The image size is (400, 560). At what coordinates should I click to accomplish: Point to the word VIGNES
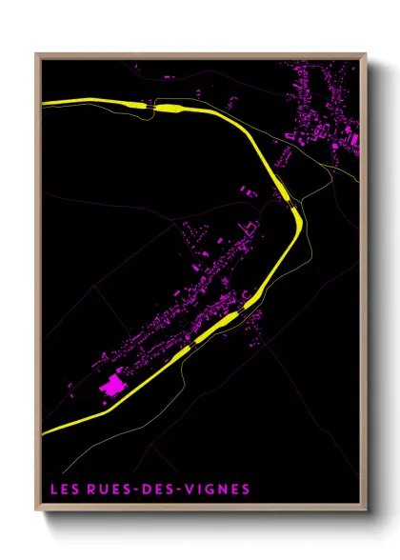point(217,490)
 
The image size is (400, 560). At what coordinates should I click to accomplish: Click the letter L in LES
point(53,490)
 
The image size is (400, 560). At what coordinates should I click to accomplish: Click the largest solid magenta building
point(113,386)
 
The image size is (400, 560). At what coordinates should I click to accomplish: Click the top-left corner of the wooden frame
point(37,55)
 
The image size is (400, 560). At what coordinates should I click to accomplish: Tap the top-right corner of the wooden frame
point(366,55)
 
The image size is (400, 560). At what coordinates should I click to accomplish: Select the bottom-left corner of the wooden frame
point(37,510)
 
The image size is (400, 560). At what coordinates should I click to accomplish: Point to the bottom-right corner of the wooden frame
point(366,510)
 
